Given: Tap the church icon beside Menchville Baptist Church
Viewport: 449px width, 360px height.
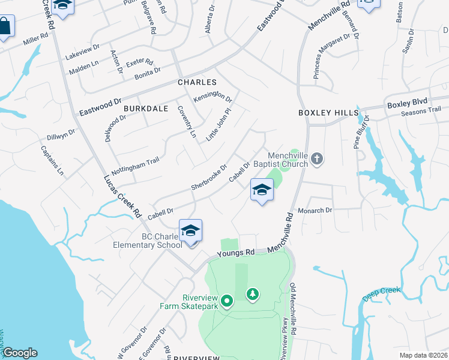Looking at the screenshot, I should pyautogui.click(x=318, y=159).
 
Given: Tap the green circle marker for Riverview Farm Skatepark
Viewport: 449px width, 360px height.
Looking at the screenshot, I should pyautogui.click(x=227, y=301).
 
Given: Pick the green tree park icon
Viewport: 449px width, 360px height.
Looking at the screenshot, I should pyautogui.click(x=253, y=293).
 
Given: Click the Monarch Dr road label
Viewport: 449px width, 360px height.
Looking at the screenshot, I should pyautogui.click(x=315, y=211).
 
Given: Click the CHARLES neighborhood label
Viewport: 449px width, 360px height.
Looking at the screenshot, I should pyautogui.click(x=197, y=82).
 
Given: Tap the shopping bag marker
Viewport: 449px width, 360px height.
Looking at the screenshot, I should pyautogui.click(x=4, y=26).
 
